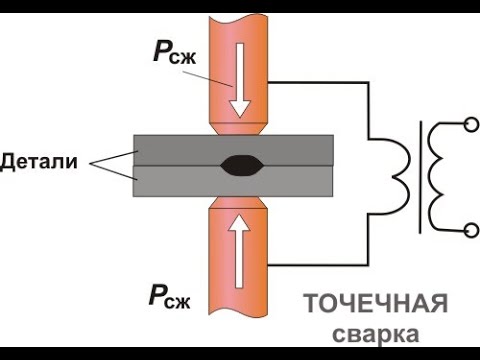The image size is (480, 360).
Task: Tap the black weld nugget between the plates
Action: point(239,165)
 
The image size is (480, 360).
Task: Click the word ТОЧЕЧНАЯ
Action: point(375,304)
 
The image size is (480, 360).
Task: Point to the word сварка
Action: point(375,330)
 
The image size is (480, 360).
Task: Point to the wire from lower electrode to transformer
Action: point(330,266)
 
